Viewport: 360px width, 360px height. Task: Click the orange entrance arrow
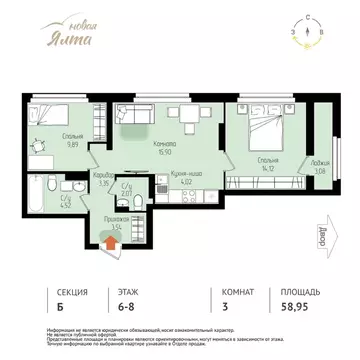pos(109,238)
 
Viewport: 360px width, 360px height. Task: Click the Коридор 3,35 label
pos(102,180)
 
